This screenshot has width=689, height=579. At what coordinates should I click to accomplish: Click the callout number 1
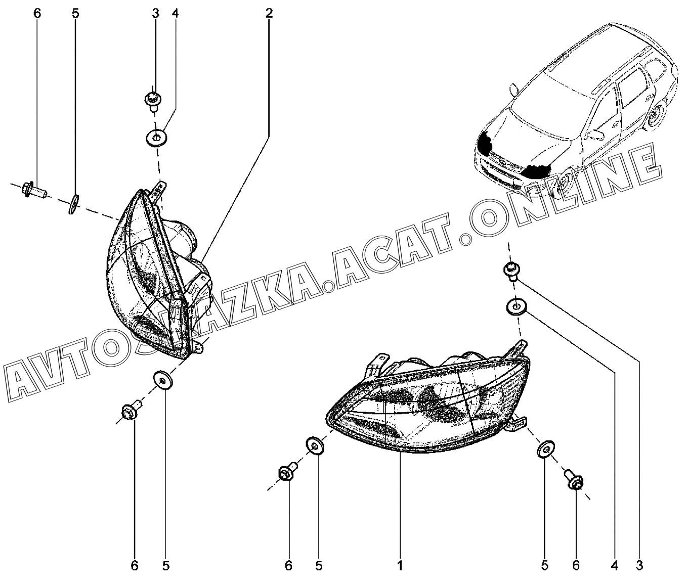click(400, 565)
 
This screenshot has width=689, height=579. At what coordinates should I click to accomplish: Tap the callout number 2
click(269, 14)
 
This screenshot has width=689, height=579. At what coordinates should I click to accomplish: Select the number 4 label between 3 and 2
click(175, 14)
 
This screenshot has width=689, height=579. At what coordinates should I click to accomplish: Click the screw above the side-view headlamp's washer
click(152, 100)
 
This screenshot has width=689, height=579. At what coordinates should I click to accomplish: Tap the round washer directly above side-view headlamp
click(157, 138)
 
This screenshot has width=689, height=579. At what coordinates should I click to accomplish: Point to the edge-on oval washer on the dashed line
click(74, 204)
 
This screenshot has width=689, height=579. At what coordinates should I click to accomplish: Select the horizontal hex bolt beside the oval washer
click(34, 190)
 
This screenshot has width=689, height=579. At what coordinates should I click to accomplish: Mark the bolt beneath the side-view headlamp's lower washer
click(132, 410)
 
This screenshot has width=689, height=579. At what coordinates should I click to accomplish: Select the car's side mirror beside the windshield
click(514, 89)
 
